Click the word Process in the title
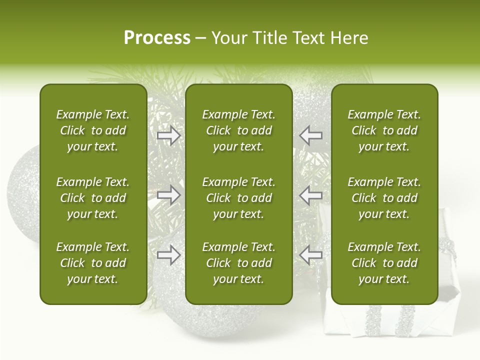(157, 38)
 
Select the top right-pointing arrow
(168, 135)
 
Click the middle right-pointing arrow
(168, 195)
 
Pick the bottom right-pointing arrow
(168, 255)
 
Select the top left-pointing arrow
(311, 135)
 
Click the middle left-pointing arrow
(311, 195)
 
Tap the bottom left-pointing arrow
(311, 255)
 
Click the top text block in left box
(93, 130)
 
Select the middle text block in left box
(93, 198)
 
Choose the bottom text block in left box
(93, 263)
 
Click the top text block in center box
(238, 130)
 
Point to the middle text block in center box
(238, 198)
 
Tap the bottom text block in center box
(238, 263)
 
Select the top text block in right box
(384, 130)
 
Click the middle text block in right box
(384, 198)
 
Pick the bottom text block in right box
(384, 263)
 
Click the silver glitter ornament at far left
(23, 195)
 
